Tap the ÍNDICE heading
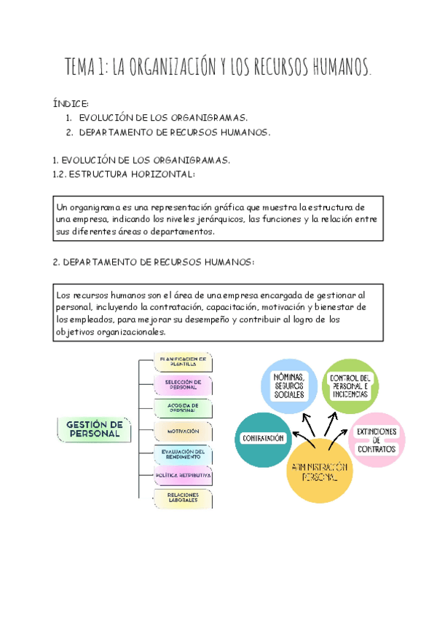pyautogui.click(x=71, y=104)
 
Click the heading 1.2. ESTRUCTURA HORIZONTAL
pyautogui.click(x=124, y=174)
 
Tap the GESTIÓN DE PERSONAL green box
pyautogui.click(x=94, y=429)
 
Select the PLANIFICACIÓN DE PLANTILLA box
pyautogui.click(x=183, y=362)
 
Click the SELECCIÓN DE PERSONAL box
pyautogui.click(x=183, y=385)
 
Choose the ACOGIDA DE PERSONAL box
pyautogui.click(x=183, y=407)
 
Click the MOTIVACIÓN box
pyautogui.click(x=183, y=431)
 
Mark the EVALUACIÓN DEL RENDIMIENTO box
pyautogui.click(x=183, y=454)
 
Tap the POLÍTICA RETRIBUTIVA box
pyautogui.click(x=183, y=477)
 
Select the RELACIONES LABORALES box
pyautogui.click(x=183, y=499)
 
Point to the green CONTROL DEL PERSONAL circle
pyautogui.click(x=350, y=385)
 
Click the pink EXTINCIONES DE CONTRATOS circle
pyautogui.click(x=376, y=440)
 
